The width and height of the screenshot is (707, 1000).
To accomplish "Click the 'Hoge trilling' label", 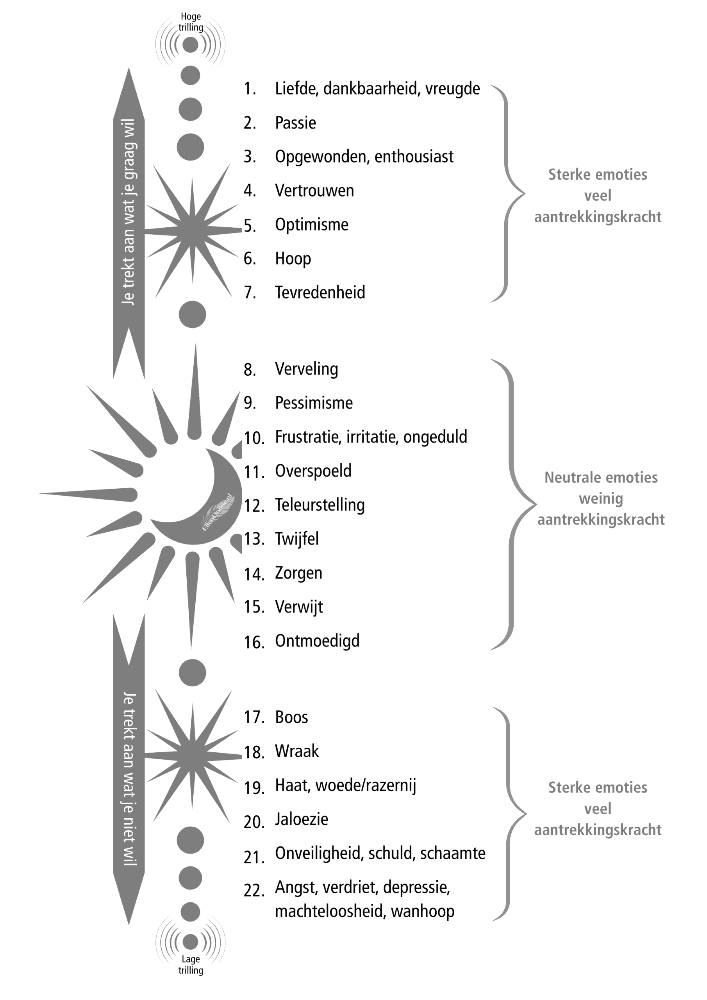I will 190,22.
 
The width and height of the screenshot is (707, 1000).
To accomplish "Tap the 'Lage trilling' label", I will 190,964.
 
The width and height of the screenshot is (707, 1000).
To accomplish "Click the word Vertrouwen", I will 314,191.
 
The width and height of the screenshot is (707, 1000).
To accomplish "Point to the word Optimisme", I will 311,225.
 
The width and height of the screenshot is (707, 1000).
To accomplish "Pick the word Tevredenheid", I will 320,292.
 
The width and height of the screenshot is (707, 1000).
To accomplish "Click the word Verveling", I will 306,369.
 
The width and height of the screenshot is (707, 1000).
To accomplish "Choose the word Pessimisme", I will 314,403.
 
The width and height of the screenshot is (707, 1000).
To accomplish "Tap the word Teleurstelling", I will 320,505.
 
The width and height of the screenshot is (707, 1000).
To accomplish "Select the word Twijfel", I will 296,539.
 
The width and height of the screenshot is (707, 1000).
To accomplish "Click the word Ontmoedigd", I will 317,641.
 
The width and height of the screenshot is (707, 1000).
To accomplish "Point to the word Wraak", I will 296,751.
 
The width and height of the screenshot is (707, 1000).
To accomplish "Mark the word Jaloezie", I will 302,819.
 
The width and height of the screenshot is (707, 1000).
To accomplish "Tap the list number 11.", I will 254,472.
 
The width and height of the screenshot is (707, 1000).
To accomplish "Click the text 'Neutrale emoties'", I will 601,477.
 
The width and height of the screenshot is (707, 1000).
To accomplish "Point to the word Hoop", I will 293,259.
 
